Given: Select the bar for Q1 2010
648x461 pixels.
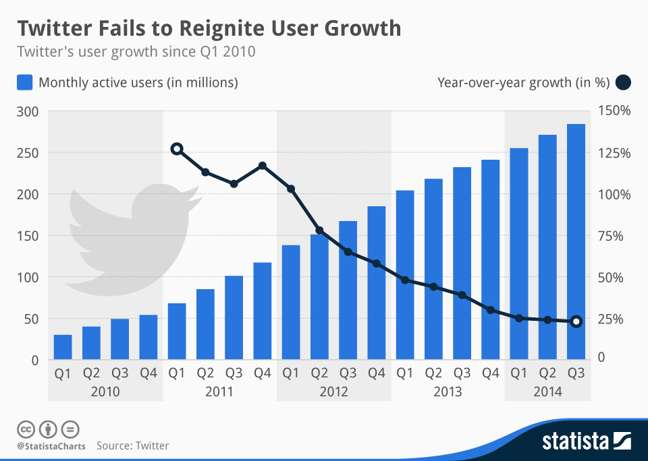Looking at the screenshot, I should click(x=63, y=347).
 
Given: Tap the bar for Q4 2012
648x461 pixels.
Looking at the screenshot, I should click(x=376, y=283).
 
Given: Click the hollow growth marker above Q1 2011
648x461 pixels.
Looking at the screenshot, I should click(x=177, y=149).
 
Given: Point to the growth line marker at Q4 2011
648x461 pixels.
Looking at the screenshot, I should click(x=263, y=166).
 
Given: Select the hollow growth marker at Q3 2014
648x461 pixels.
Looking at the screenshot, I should click(x=576, y=321).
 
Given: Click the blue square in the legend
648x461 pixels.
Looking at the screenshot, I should click(x=24, y=83).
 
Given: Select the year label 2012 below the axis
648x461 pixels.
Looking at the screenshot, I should click(x=333, y=392).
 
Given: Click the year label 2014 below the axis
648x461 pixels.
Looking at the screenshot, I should click(x=547, y=392).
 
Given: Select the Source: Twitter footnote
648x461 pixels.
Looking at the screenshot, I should click(x=132, y=445).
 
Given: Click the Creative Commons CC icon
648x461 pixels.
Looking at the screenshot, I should click(x=26, y=429).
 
